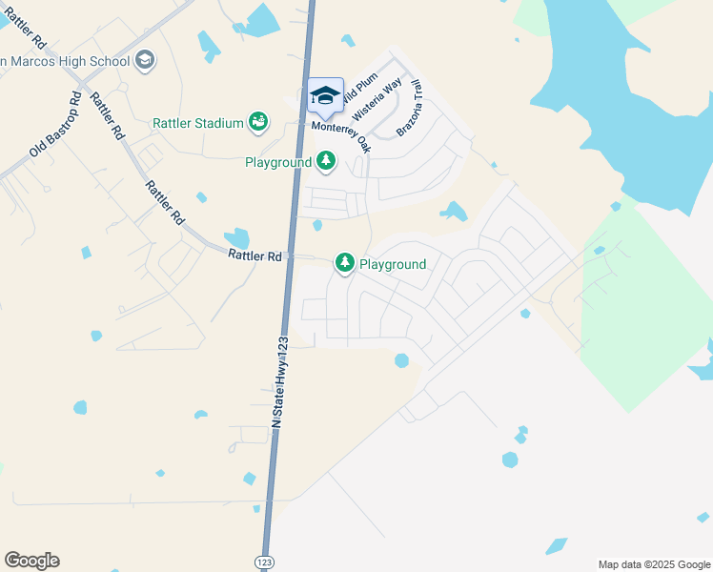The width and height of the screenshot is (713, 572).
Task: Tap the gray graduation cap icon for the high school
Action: tap(145, 61)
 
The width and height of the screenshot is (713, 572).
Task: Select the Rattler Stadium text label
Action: tap(197, 122)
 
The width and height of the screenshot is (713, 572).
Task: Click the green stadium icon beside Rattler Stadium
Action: tap(257, 122)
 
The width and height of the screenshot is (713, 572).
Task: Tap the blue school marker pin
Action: tap(325, 96)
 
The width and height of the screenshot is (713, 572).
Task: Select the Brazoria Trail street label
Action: tap(409, 107)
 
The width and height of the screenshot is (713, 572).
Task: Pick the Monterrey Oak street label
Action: tap(339, 133)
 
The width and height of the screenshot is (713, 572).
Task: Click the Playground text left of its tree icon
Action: tap(277, 163)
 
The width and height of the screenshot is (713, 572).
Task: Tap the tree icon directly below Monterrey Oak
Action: tap(327, 161)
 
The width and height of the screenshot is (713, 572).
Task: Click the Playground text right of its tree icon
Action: tap(392, 264)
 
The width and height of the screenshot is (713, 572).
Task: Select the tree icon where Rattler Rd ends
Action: tap(343, 262)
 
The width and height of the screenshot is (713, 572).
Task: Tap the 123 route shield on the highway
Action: tap(265, 562)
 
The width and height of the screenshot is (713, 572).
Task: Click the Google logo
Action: tap(31, 561)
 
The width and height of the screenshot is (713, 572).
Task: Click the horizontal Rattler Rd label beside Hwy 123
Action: tap(255, 255)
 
